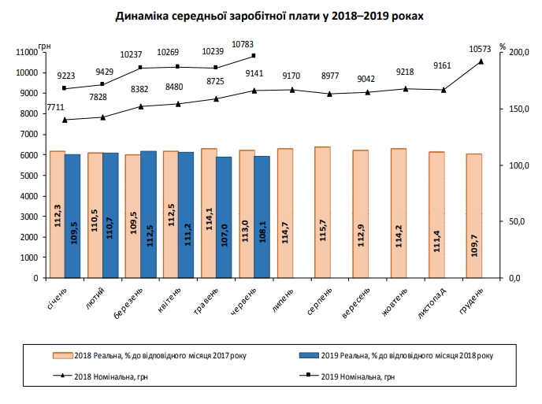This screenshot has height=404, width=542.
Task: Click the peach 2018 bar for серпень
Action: point(322,212)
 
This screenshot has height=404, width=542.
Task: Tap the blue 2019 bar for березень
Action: point(148,213)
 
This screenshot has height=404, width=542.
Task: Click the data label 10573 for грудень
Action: point(480,49)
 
